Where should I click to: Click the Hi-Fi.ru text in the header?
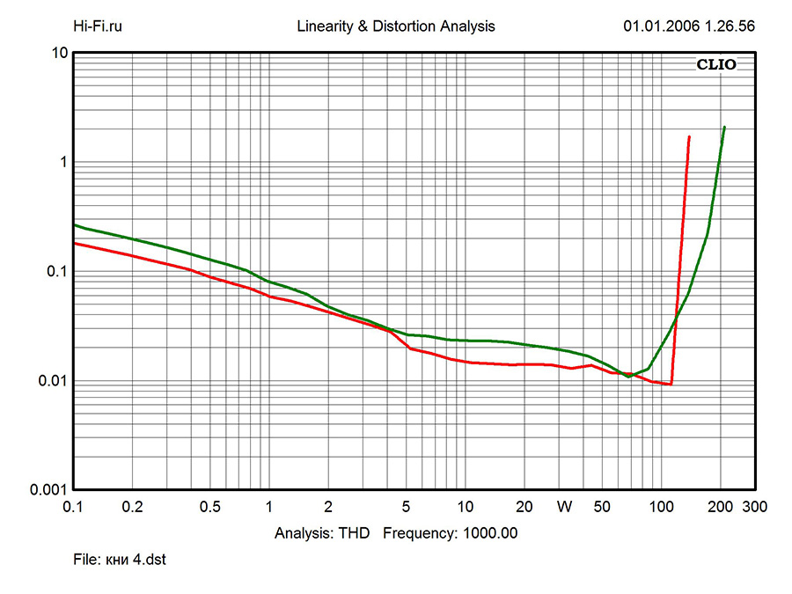(97, 26)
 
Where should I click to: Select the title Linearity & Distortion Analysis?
(396, 26)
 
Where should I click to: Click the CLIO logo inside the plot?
(716, 64)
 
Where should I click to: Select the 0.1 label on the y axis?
(57, 272)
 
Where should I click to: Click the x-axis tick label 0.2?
(132, 508)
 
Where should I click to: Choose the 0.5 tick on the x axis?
(210, 508)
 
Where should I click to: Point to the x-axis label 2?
(328, 508)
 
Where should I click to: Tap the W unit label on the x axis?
(564, 508)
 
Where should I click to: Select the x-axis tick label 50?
(602, 508)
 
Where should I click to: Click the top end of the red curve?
(689, 136)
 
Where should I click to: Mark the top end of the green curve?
(724, 127)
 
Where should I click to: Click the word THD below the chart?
(358, 532)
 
